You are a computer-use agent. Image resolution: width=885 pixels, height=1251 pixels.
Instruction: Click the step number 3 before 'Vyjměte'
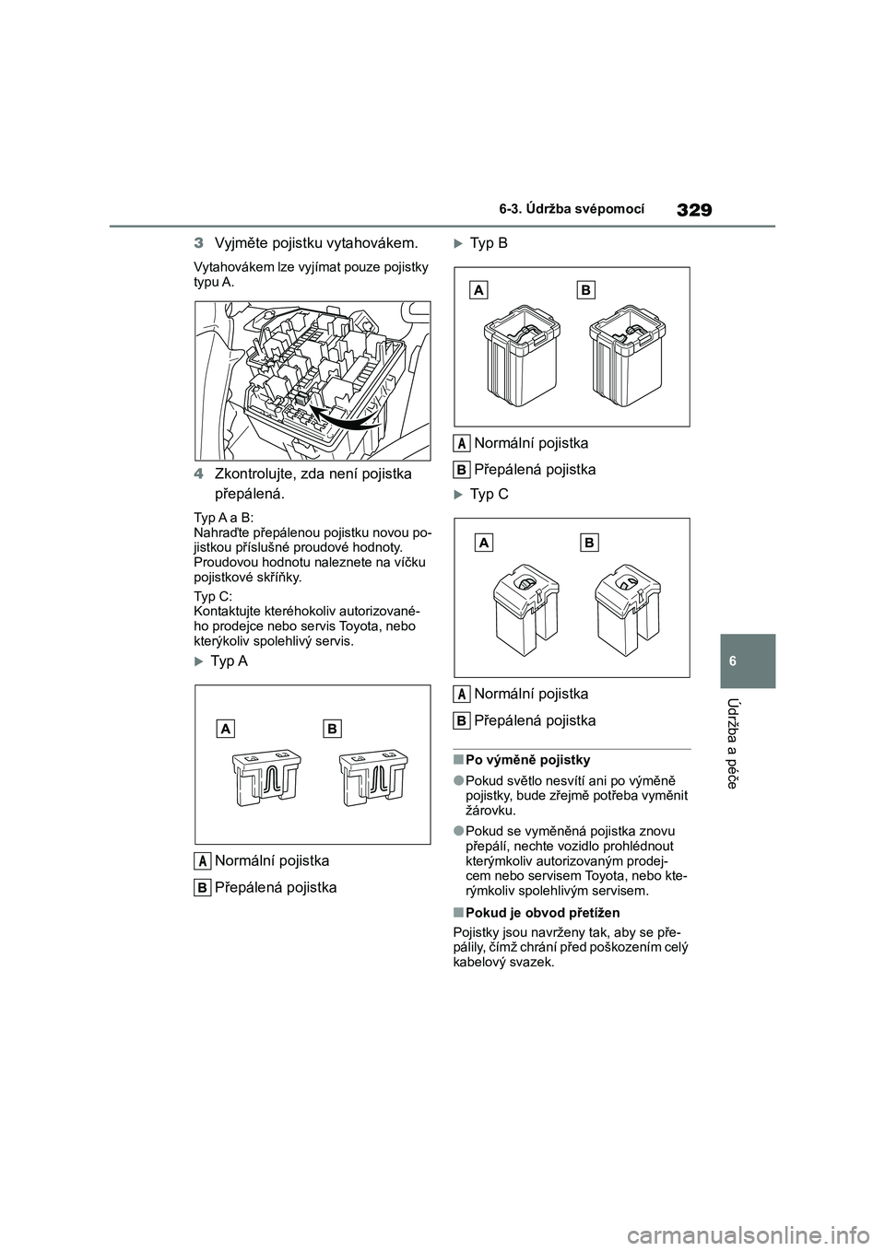pos(198,244)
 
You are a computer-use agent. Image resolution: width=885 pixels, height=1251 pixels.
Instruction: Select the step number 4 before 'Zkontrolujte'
pos(198,474)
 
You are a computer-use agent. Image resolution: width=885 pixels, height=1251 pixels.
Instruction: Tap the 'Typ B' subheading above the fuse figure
pos(489,244)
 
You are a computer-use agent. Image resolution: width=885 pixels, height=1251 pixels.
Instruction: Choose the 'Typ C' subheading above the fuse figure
pos(489,495)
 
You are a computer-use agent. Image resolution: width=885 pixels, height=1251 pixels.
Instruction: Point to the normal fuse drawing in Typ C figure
pos(526,608)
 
